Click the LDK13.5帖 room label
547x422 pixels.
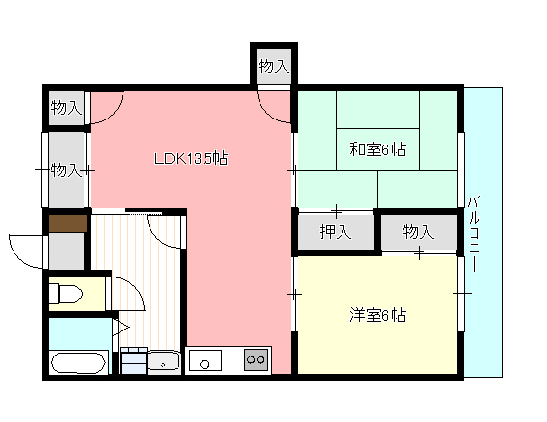pos(191,159)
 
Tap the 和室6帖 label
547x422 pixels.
pos(378,149)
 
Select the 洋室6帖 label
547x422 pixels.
pos(378,315)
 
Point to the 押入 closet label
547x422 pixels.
pos(336,232)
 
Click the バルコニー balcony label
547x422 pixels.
pos(473,234)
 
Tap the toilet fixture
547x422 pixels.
pos(66,294)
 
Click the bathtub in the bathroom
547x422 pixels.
pos(78,363)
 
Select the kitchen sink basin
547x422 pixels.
pos(205,360)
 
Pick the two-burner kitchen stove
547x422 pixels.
pos(257,360)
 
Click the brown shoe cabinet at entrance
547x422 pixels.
pos(68,224)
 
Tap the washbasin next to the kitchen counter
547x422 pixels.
pos(164,361)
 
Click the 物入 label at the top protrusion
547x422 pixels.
pos(274,66)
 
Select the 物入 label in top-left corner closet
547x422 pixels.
pos(67,107)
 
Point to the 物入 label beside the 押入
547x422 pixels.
pos(419,232)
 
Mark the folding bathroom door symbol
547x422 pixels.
pos(121,328)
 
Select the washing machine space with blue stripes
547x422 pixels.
pos(133,360)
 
